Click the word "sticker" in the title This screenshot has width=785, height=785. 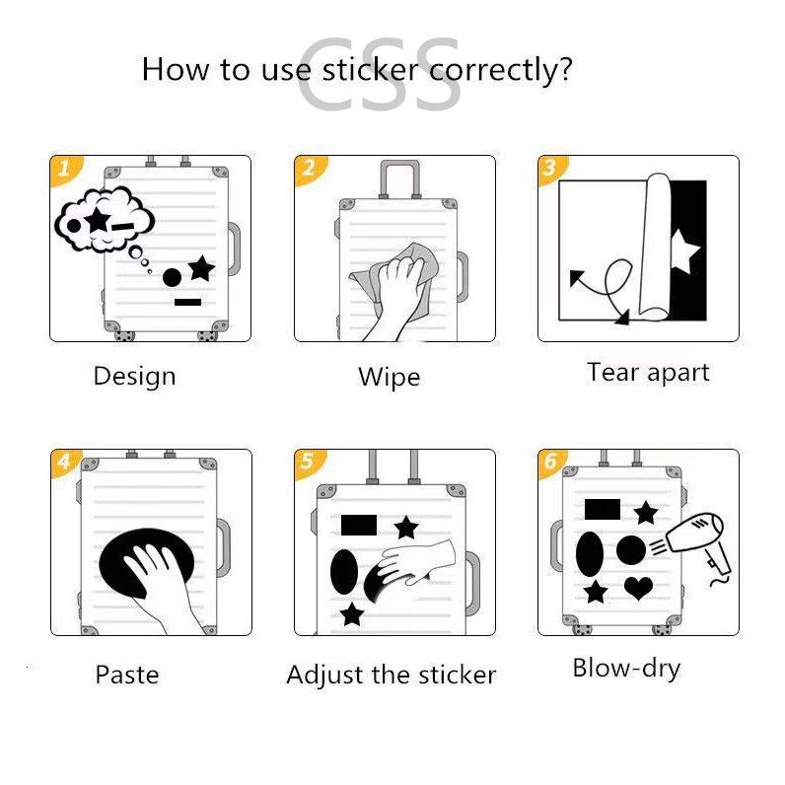(x=370, y=69)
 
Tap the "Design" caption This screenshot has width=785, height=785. (x=135, y=377)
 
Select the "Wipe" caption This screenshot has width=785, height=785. (x=389, y=377)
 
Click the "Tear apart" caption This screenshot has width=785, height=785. (x=648, y=373)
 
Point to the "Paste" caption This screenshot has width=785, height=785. (x=127, y=675)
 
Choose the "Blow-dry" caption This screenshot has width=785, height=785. (x=626, y=669)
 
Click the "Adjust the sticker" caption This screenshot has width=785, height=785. (x=391, y=676)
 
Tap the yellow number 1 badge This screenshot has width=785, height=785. (x=66, y=169)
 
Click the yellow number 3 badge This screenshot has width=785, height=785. (x=551, y=169)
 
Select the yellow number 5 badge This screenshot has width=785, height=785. (x=309, y=463)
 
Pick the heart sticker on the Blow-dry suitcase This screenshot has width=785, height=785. (x=639, y=588)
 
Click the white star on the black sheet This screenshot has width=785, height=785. (x=684, y=250)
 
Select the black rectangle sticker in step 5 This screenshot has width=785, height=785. (x=358, y=526)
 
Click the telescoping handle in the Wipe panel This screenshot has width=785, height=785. (x=399, y=179)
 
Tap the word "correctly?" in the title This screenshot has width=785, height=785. (x=500, y=71)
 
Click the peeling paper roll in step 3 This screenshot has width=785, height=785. (x=655, y=248)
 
